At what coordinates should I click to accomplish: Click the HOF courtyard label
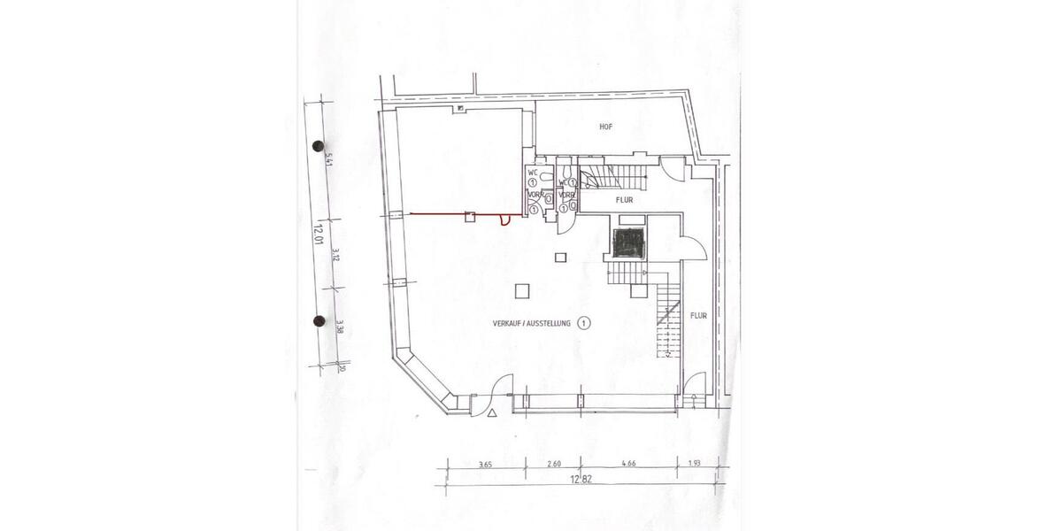605,127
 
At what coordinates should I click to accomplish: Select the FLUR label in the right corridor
699,314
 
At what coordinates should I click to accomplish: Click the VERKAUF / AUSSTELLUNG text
532,325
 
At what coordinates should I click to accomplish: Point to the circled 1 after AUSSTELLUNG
584,324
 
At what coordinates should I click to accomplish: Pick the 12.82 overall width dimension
581,479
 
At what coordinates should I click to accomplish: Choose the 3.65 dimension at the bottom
485,463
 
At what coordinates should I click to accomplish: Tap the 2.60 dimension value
554,463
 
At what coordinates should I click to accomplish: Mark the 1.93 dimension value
696,463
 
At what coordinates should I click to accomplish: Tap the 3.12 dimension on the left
336,257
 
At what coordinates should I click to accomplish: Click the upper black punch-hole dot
319,146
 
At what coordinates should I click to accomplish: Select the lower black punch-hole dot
319,321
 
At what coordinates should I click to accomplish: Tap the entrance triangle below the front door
490,412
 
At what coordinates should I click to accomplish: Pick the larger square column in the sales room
523,289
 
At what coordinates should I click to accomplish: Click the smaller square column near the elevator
559,258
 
